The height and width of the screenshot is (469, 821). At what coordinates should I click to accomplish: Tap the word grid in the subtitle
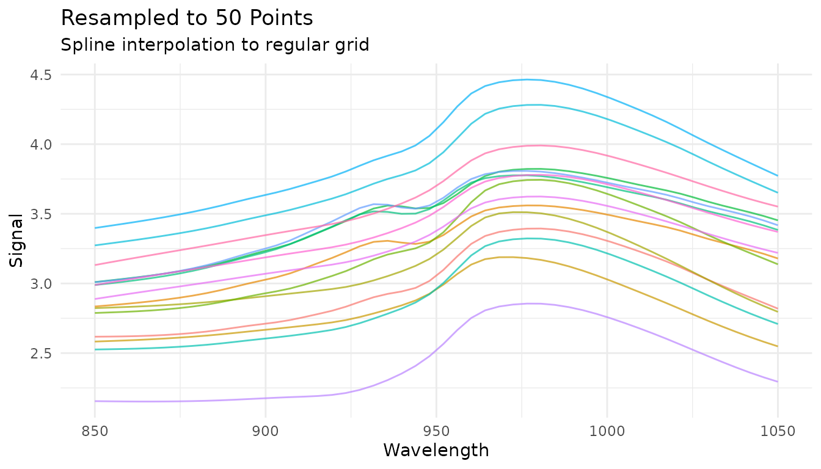point(355,45)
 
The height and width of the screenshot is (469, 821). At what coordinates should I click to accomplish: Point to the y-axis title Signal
point(16,239)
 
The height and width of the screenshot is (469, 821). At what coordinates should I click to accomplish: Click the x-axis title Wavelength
point(436,451)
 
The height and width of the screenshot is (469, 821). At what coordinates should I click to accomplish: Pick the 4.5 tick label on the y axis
point(40,75)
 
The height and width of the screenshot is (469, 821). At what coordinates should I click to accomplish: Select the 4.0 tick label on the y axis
point(40,145)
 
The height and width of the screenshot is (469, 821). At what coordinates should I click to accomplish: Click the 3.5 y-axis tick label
point(40,214)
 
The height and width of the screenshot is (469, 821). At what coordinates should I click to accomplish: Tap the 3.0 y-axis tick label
point(40,284)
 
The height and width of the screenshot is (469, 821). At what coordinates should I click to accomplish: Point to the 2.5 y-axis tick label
point(40,354)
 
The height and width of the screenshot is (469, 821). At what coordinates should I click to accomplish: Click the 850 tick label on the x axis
point(95,432)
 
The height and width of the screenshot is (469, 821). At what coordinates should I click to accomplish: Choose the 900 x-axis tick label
point(266,432)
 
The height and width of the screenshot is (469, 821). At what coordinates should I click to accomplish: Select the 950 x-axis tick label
point(436,432)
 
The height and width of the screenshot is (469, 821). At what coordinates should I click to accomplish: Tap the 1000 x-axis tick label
point(607,432)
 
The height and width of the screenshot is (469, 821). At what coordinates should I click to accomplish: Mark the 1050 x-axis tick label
point(778,432)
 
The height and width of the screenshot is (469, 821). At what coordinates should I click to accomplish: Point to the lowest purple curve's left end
point(95,401)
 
